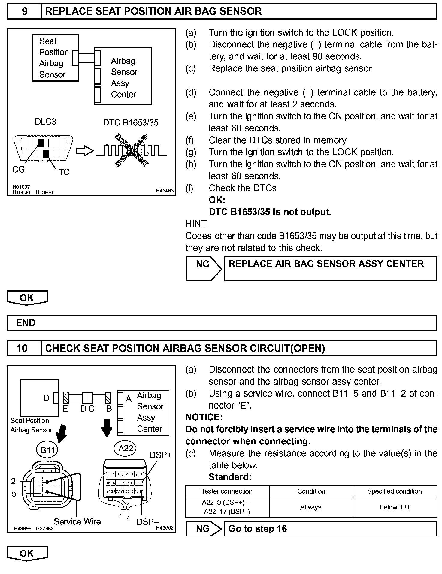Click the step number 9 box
point(24,11)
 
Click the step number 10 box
point(22,348)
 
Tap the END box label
point(26,323)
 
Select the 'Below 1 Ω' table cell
point(394,507)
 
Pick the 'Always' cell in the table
point(311,507)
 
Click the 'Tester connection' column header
point(227,491)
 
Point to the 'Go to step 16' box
point(330,529)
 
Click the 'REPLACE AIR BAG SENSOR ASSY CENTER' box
point(330,268)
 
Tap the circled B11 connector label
point(47,450)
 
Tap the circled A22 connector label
point(126,449)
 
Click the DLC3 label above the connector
point(45,122)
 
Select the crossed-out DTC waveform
point(131,150)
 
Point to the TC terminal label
point(64,172)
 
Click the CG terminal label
point(18,170)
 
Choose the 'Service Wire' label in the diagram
point(77,522)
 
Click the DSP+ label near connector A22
point(160,455)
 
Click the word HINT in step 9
point(197,224)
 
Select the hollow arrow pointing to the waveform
point(85,151)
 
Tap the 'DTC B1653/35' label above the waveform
point(131,123)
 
